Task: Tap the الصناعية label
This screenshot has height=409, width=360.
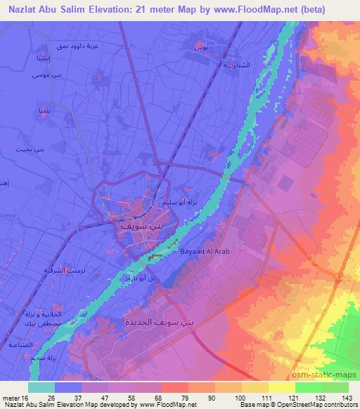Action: click(20, 345)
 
